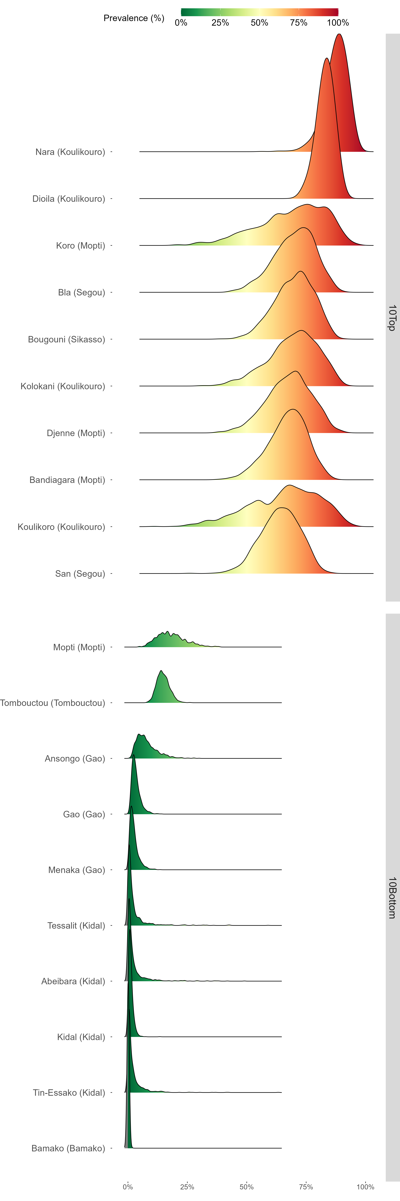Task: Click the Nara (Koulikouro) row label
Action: (x=70, y=152)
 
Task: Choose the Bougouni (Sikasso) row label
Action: (x=67, y=339)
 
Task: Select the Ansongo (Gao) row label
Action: (x=75, y=758)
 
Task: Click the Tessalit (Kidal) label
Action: (x=76, y=925)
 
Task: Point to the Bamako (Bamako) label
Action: (x=68, y=1148)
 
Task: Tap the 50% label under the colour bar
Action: (x=259, y=23)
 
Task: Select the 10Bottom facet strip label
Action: (x=392, y=898)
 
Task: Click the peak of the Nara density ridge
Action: (x=339, y=35)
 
